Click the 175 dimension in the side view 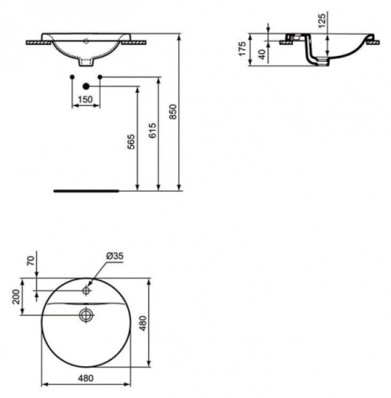pos(242,46)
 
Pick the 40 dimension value pos(259,52)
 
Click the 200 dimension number pos(15,295)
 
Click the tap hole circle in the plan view pos(86,289)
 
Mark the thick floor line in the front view pos(86,189)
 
